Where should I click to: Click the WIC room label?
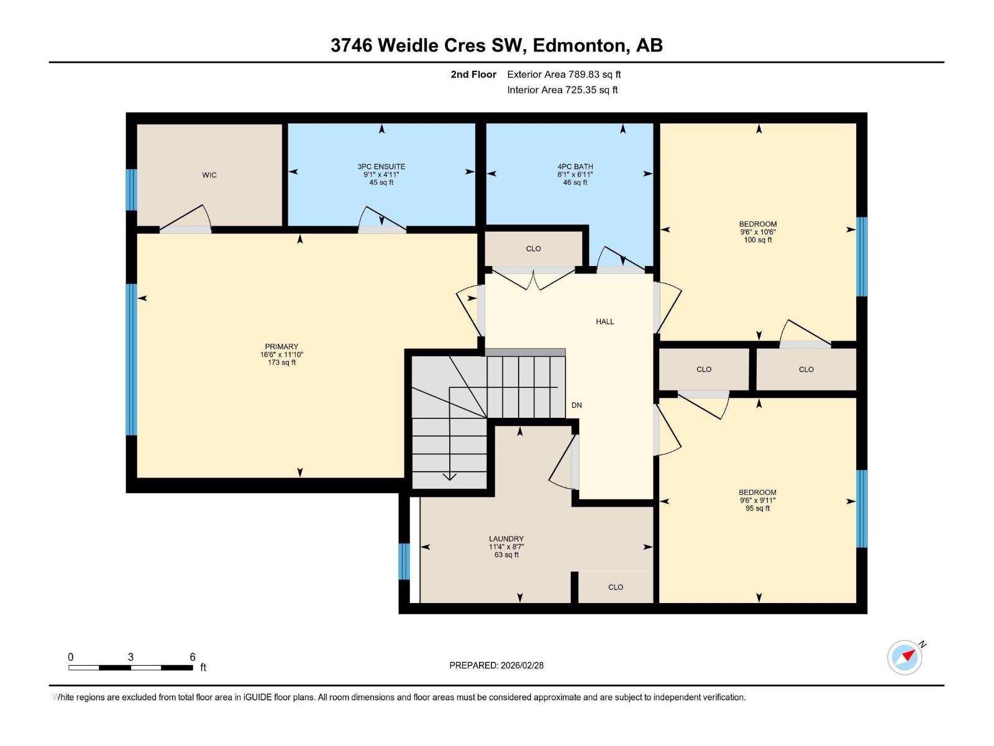209,175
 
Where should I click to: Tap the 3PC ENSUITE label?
381,167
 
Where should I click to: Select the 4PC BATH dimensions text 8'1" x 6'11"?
575,175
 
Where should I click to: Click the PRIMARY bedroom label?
281,347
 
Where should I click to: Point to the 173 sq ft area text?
281,362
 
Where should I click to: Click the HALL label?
604,322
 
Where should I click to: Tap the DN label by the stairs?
577,405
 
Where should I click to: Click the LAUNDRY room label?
506,539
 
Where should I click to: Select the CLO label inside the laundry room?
615,587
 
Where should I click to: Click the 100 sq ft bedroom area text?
757,240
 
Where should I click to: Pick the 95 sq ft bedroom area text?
757,509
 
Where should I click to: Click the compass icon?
905,658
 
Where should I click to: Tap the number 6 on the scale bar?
193,657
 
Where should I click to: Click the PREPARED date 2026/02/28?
521,665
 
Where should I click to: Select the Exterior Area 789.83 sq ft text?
563,75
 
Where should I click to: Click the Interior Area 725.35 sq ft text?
562,90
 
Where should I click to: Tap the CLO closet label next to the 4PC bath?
533,249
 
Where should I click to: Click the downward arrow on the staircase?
449,476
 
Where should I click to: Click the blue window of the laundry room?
404,561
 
